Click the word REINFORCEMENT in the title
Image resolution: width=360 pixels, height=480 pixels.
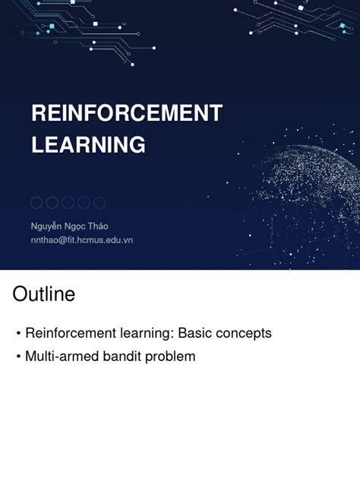tap(126, 114)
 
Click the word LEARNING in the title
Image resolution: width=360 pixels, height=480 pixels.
tap(88, 144)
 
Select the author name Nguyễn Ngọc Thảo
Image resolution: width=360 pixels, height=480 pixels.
tap(69, 226)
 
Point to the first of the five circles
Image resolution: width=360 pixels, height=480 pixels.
tap(36, 203)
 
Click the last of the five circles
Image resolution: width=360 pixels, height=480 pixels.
tap(99, 203)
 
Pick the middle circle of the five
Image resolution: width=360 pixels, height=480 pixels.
tap(68, 203)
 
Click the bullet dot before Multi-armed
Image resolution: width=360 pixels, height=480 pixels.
tap(18, 356)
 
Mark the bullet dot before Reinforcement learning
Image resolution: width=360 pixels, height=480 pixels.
tap(18, 334)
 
